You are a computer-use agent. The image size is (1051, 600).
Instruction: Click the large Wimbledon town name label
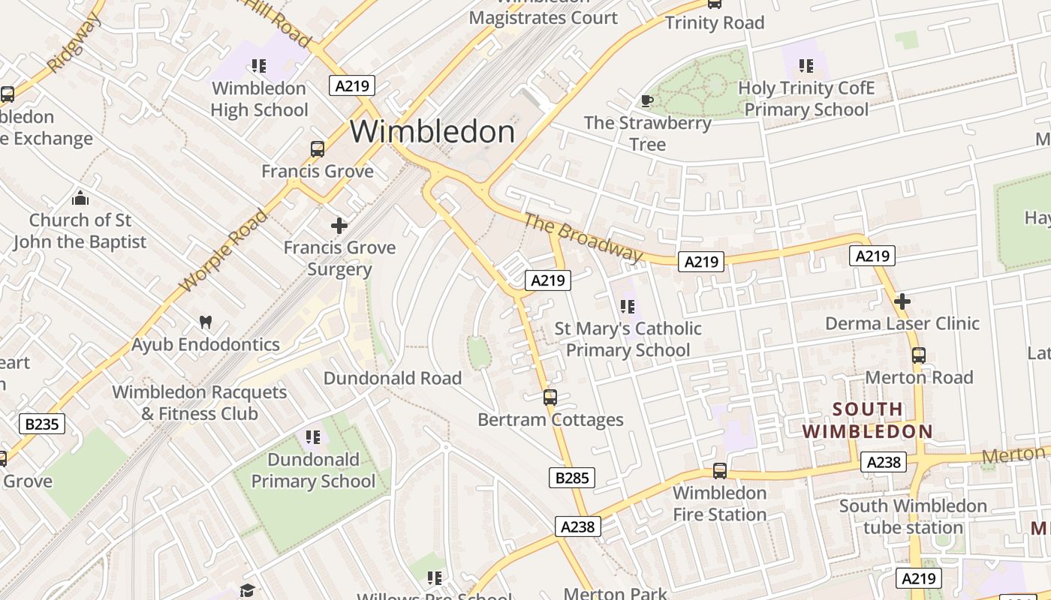click(x=432, y=132)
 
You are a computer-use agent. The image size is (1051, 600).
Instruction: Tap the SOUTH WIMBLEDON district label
click(x=867, y=421)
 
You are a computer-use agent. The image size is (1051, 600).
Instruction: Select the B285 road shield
click(x=572, y=478)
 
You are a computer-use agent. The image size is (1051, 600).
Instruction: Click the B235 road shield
click(x=42, y=424)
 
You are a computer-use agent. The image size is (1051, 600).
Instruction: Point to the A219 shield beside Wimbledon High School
click(x=352, y=85)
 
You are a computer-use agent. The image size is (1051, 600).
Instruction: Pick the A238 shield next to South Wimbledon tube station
click(x=884, y=462)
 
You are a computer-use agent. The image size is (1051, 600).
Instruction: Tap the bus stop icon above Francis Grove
click(x=318, y=148)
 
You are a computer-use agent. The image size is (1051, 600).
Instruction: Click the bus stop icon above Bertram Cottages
click(x=550, y=397)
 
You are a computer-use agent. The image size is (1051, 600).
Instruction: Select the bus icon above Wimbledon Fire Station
click(x=720, y=470)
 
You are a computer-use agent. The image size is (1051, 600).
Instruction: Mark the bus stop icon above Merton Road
click(x=919, y=355)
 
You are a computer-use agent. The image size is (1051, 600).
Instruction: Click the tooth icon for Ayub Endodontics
click(x=205, y=322)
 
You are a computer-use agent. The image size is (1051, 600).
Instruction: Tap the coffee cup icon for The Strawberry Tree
click(x=646, y=100)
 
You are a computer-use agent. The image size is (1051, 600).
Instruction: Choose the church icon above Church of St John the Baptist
click(x=80, y=198)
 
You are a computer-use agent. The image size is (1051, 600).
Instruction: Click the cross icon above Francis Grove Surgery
click(x=339, y=225)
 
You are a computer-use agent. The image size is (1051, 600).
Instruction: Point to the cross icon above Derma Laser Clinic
click(x=902, y=301)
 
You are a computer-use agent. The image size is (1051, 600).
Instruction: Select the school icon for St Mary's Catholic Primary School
click(x=628, y=306)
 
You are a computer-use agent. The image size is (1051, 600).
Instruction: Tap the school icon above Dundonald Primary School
click(x=312, y=436)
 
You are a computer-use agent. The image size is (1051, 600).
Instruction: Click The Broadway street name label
click(x=583, y=238)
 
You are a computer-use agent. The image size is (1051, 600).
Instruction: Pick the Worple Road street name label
click(x=224, y=250)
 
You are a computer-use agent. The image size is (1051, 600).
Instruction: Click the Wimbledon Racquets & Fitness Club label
click(x=200, y=403)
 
